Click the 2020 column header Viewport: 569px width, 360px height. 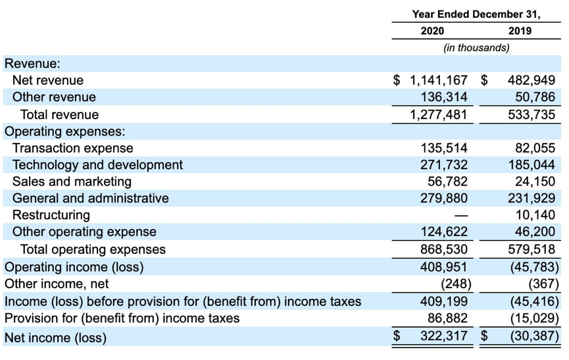pyautogui.click(x=432, y=31)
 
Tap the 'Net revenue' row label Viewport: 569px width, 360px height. pyautogui.click(x=48, y=80)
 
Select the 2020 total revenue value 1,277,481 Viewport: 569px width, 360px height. pyautogui.click(x=439, y=115)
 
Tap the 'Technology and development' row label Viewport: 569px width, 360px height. pyautogui.click(x=97, y=165)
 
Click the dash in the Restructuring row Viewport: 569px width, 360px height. pyautogui.click(x=461, y=215)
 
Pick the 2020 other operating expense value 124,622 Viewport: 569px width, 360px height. pyautogui.click(x=444, y=232)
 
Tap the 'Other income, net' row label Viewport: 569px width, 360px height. pyautogui.click(x=57, y=284)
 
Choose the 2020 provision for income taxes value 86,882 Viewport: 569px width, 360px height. pyautogui.click(x=447, y=319)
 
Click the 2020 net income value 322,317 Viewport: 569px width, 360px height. pyautogui.click(x=444, y=337)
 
